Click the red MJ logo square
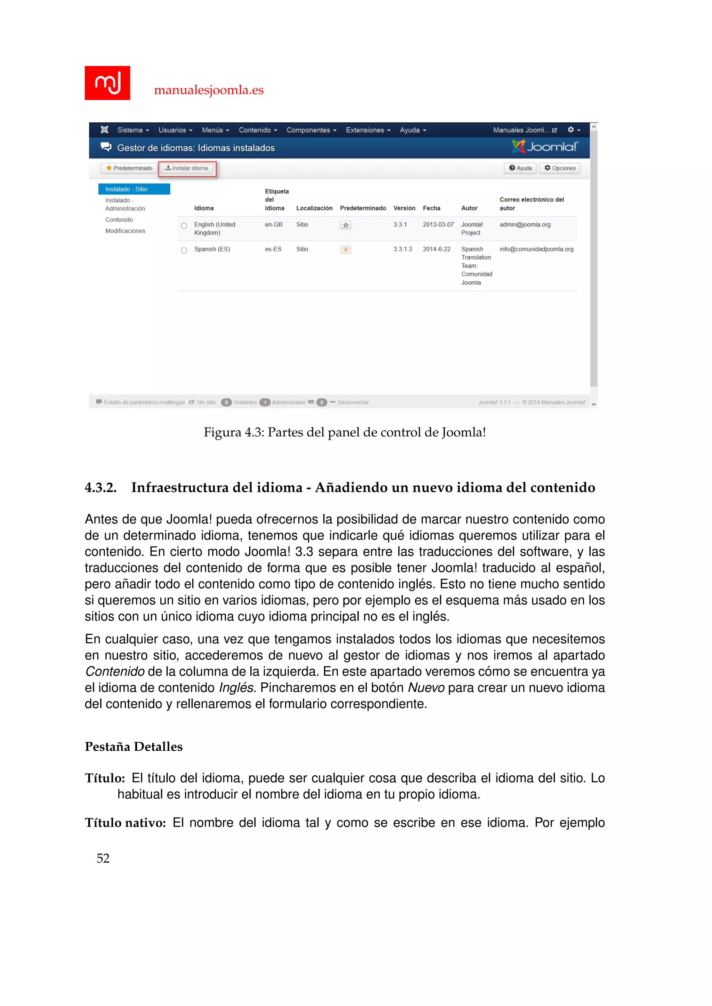pyautogui.click(x=107, y=83)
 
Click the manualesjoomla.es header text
pyautogui.click(x=209, y=90)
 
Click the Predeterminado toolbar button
pyautogui.click(x=129, y=168)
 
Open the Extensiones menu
pyautogui.click(x=367, y=130)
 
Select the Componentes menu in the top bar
pyautogui.click(x=311, y=130)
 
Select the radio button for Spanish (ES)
pyautogui.click(x=184, y=250)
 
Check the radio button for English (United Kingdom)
pyautogui.click(x=184, y=226)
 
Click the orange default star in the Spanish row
pyautogui.click(x=346, y=250)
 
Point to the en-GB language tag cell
pyautogui.click(x=274, y=224)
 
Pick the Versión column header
pyautogui.click(x=404, y=208)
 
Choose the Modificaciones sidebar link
pyautogui.click(x=125, y=231)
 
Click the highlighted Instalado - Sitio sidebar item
pyautogui.click(x=134, y=189)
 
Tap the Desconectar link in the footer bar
pyautogui.click(x=353, y=402)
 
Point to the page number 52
pyautogui.click(x=103, y=858)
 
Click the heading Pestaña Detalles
pyautogui.click(x=134, y=746)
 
